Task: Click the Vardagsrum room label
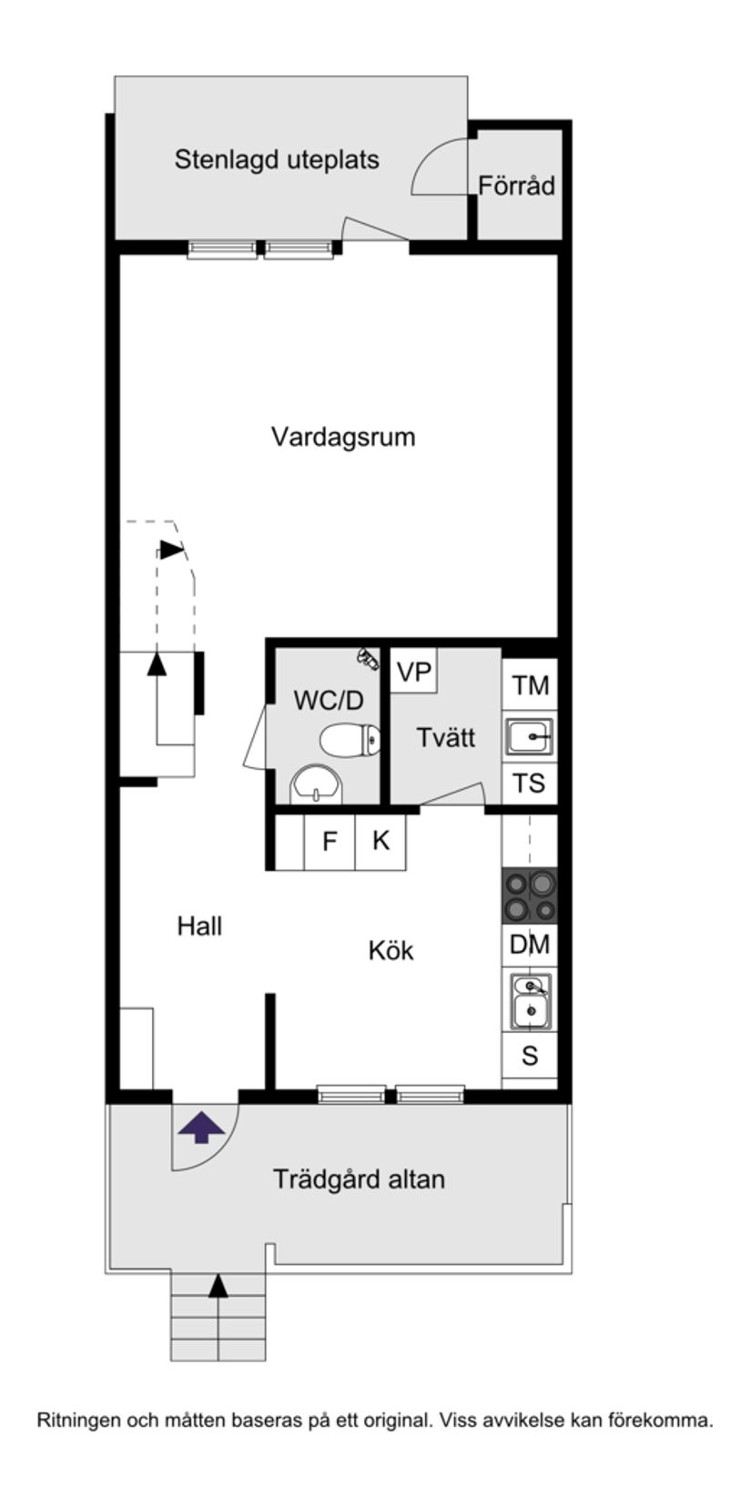click(343, 437)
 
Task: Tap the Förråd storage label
click(516, 186)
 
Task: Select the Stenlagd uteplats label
click(277, 160)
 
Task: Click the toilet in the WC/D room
click(350, 738)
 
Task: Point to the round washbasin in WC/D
click(315, 784)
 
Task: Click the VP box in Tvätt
click(414, 673)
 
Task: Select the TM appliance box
click(530, 685)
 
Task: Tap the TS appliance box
click(529, 783)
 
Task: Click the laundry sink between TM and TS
click(529, 735)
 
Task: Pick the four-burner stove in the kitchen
click(530, 895)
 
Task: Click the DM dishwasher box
click(530, 945)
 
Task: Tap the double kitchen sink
click(530, 1001)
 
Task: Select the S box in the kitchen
click(530, 1056)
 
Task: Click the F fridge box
click(330, 841)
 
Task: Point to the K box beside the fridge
click(381, 841)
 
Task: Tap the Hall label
click(199, 926)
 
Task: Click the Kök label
click(391, 951)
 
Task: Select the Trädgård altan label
click(359, 1179)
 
